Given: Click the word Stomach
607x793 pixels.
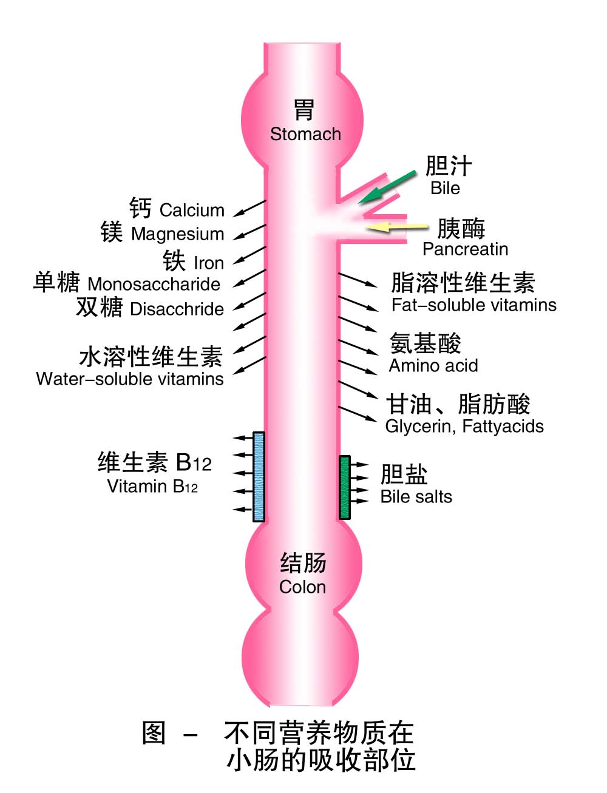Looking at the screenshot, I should tap(305, 134).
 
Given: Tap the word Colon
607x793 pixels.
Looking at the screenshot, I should tap(302, 587).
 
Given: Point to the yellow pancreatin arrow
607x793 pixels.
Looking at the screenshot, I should tap(398, 227).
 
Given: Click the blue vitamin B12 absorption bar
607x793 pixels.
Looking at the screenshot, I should tap(259, 476).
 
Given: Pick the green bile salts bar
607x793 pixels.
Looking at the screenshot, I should tap(345, 487).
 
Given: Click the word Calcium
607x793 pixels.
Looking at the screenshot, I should tap(192, 211).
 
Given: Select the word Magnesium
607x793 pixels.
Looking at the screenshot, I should tap(177, 234).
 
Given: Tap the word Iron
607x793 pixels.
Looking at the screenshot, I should tap(208, 263).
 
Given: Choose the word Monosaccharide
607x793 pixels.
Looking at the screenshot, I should tap(154, 284).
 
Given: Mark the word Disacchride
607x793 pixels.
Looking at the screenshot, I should tap(177, 309).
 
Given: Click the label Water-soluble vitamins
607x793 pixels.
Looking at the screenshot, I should tap(130, 379).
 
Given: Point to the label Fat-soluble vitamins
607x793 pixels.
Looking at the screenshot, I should tap(473, 305).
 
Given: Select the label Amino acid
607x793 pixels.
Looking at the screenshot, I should tap(433, 366).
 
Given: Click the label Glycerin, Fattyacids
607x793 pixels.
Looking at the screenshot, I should tap(464, 427).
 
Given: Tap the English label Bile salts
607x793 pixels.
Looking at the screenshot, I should tap(416, 497).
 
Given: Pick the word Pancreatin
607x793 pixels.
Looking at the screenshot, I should tap(465, 249).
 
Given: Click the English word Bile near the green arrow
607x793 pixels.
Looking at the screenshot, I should tap(445, 188).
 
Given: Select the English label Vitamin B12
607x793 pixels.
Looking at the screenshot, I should tap(152, 487).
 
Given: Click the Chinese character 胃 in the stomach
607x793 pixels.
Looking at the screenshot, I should tap(303, 110).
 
